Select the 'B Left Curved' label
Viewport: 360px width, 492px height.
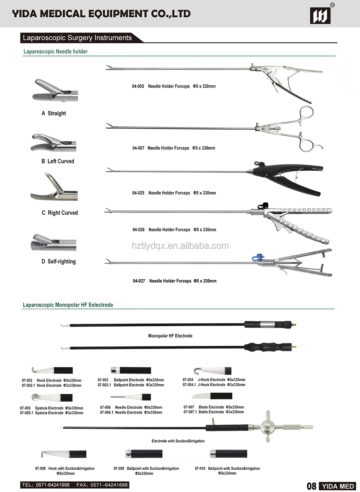[x=58, y=161]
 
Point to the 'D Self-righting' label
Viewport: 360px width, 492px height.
[x=59, y=261]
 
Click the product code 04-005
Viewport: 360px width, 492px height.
[x=138, y=86]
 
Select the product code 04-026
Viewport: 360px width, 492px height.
[x=139, y=230]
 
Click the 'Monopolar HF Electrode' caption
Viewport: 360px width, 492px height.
[x=170, y=336]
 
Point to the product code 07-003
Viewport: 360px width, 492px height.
[x=103, y=380]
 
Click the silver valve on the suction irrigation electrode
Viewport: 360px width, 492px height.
[x=268, y=427]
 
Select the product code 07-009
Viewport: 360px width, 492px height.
[x=119, y=469]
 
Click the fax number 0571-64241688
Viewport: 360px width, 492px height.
[x=109, y=485]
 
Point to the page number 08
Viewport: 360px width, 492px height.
[x=311, y=486]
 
